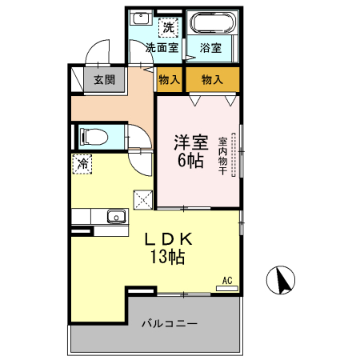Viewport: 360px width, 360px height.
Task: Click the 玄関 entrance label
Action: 104,80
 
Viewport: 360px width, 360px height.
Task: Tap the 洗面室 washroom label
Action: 161,47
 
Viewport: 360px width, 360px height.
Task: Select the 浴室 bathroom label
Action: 211,47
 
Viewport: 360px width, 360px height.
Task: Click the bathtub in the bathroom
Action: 212,22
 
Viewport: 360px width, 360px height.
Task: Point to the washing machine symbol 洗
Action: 168,28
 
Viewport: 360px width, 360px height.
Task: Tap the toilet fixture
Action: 90,136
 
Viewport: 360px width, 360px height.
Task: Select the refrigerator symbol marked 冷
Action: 83,164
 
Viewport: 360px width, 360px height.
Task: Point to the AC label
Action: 227,280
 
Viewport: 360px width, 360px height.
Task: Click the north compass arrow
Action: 282,281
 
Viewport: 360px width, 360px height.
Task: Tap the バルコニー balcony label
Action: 170,325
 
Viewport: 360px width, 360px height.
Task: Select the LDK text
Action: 167,238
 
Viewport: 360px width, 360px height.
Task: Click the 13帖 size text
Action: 167,257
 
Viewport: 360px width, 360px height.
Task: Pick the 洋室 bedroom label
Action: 191,143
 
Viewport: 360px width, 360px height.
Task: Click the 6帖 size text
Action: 190,160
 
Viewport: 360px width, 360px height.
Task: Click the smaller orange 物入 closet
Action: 169,80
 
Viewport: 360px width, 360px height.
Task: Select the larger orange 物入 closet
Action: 212,80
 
